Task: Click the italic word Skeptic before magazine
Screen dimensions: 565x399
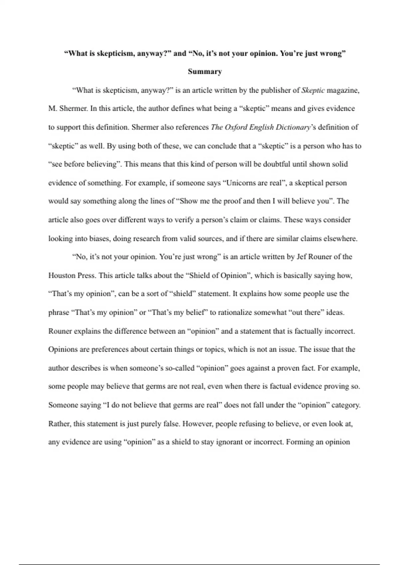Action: (x=313, y=90)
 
